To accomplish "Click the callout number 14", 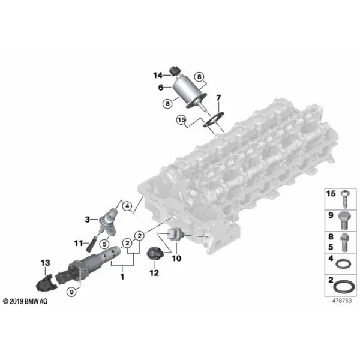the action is pyautogui.click(x=158, y=76).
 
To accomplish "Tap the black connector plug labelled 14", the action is pyautogui.click(x=175, y=70).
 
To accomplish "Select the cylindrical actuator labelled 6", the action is pyautogui.click(x=189, y=92).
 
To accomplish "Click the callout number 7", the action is pyautogui.click(x=218, y=98).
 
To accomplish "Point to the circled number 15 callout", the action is pyautogui.click(x=181, y=120).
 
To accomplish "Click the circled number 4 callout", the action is pyautogui.click(x=127, y=206).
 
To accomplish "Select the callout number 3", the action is pyautogui.click(x=87, y=220).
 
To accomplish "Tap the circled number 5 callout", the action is pyautogui.click(x=104, y=244).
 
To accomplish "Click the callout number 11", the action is pyautogui.click(x=79, y=243).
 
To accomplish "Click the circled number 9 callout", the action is pyautogui.click(x=71, y=292).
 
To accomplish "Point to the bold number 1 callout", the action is pyautogui.click(x=122, y=277).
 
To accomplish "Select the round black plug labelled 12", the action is pyautogui.click(x=154, y=254).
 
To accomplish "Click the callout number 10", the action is pyautogui.click(x=176, y=258).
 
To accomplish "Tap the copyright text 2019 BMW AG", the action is pyautogui.click(x=25, y=301).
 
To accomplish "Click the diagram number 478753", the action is pyautogui.click(x=341, y=301).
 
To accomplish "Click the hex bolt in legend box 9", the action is pyautogui.click(x=345, y=220).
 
